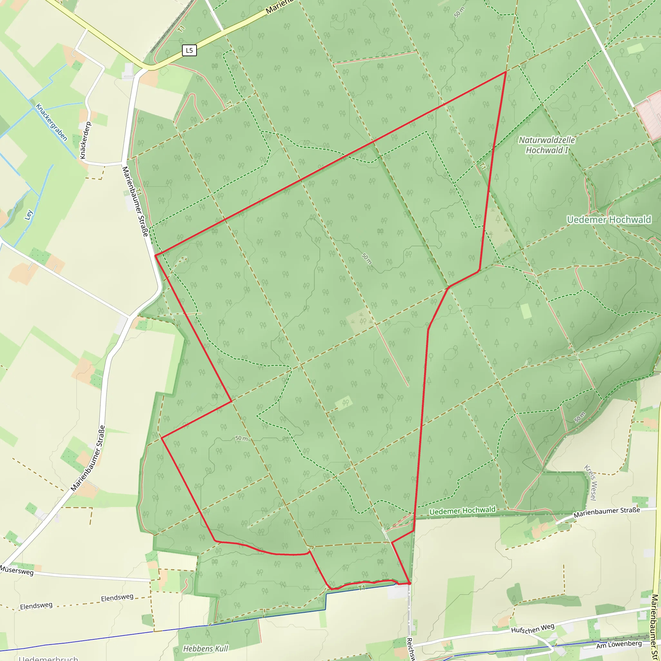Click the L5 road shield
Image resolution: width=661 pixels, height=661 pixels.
click(189, 51)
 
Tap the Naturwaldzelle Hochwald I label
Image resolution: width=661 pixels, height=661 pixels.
click(547, 145)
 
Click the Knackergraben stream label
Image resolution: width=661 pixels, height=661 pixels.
click(51, 122)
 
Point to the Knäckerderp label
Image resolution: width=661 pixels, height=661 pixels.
click(86, 140)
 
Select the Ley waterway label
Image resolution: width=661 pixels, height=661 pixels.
click(29, 215)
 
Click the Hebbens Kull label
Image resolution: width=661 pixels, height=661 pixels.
click(205, 649)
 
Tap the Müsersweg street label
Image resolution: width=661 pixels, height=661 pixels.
click(17, 570)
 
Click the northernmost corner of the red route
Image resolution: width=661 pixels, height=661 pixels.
click(506, 72)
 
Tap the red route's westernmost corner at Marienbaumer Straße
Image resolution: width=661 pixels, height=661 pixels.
click(155, 255)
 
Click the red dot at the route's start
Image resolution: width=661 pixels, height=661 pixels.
click(409, 583)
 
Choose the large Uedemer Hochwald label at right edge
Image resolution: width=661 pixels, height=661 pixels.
click(609, 220)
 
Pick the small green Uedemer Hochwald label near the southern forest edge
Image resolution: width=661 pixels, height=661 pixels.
click(462, 511)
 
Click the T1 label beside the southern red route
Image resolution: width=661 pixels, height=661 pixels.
click(361, 588)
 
